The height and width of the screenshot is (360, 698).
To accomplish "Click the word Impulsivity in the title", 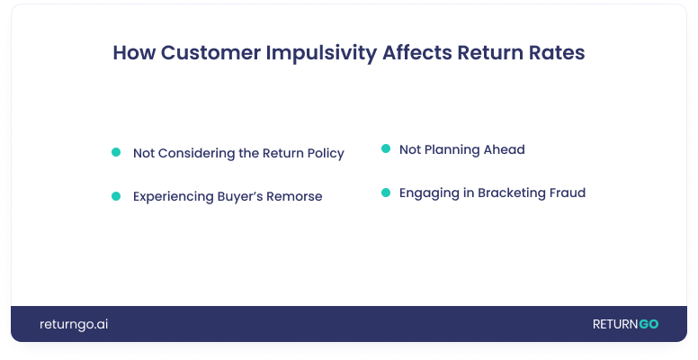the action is (x=321, y=53).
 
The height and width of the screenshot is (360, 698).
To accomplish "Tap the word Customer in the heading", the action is (x=210, y=52).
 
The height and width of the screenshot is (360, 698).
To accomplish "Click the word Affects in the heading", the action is (x=417, y=52).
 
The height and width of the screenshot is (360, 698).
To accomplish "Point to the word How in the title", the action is (x=134, y=52).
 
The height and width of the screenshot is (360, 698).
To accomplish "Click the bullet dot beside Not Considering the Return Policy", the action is (x=116, y=152).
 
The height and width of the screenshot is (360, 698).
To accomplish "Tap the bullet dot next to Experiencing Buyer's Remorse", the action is (x=116, y=196).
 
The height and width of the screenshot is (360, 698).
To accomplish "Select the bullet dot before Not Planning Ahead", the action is (x=386, y=148).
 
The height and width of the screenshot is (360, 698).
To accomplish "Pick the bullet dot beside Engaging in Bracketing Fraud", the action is (x=386, y=193).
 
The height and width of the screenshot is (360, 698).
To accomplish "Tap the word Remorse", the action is (x=294, y=196).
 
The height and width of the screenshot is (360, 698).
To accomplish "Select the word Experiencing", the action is (x=174, y=197).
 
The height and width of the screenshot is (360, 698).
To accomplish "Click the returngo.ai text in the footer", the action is (x=74, y=324).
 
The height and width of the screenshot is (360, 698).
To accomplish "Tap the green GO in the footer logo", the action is (x=649, y=324).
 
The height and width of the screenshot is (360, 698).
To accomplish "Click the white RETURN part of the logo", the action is (x=615, y=324).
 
